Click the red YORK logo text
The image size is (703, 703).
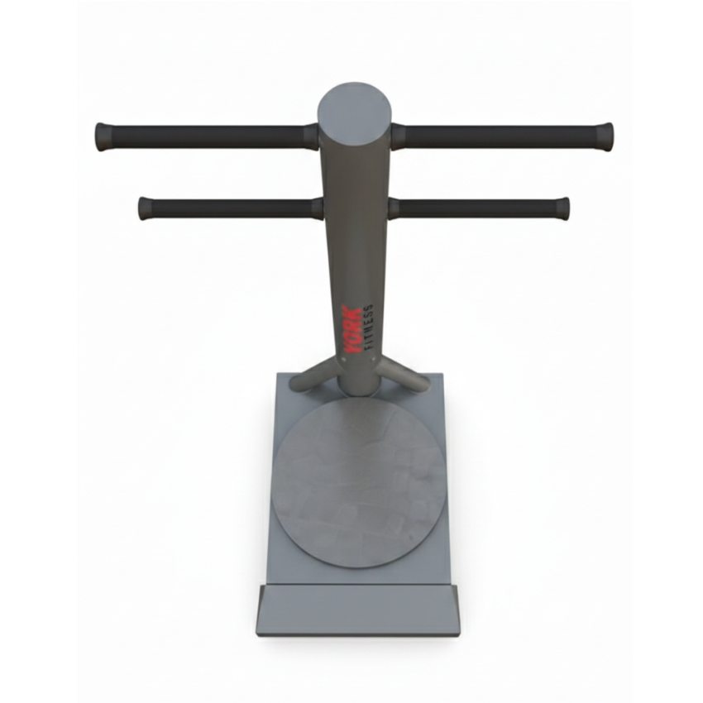point(351,329)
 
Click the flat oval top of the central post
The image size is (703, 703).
point(354,111)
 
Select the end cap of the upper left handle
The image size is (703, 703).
point(103,136)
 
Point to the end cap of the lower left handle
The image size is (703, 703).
point(146,208)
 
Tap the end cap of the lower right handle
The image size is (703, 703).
point(562,208)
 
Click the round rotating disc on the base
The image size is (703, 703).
point(359,483)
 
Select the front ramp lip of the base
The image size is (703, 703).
point(358,610)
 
